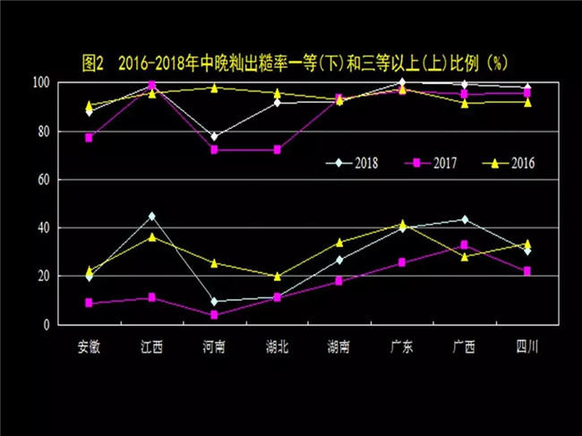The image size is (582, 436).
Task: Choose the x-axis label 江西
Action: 151,346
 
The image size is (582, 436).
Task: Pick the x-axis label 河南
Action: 214,346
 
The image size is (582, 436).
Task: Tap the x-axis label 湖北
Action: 277,346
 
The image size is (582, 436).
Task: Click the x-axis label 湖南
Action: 339,346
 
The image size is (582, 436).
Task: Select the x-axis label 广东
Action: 402,346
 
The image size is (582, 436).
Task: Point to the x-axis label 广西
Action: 465,346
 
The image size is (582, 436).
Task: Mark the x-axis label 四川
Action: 527,346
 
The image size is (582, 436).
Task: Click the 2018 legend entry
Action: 355,163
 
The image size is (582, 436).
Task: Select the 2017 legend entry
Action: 424,163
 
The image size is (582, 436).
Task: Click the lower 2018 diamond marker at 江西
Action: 151,216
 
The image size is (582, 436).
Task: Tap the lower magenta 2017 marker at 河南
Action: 214,315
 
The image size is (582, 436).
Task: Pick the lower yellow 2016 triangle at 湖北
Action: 277,277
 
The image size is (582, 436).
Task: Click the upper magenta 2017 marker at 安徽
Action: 89,138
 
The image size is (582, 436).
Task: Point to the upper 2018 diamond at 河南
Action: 214,137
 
